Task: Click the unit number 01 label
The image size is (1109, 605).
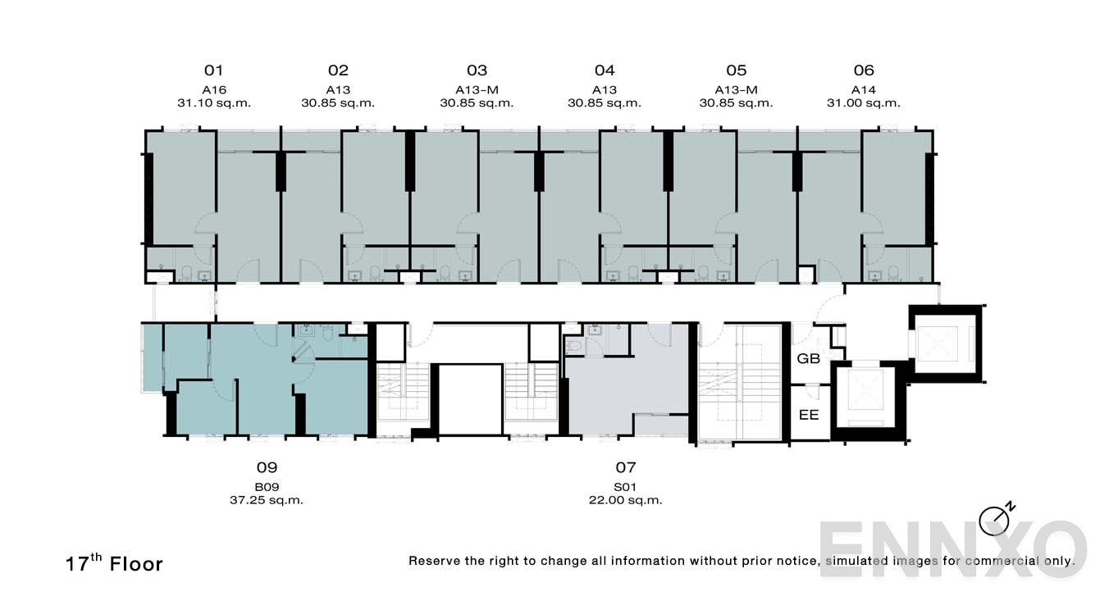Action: click(213, 71)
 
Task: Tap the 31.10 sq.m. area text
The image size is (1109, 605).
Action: click(213, 103)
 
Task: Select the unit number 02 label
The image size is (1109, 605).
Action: click(338, 71)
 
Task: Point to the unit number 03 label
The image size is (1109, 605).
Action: click(477, 71)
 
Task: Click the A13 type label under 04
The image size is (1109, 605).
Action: click(605, 90)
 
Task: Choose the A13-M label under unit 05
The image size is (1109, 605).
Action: click(736, 90)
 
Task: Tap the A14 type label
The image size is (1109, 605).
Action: click(864, 90)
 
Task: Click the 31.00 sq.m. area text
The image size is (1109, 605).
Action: click(864, 103)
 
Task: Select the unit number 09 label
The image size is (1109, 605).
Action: click(267, 468)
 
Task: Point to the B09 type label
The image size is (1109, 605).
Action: click(267, 487)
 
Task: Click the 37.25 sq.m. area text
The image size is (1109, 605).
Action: click(267, 500)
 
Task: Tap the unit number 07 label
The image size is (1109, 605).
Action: click(626, 468)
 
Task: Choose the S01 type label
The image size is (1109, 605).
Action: click(626, 487)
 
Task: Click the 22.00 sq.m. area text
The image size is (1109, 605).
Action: click(626, 500)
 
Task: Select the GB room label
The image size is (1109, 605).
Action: click(809, 359)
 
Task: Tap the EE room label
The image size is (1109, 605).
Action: click(809, 415)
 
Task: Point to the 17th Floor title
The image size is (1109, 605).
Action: click(115, 563)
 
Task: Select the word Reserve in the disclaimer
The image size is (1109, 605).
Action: click(435, 561)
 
